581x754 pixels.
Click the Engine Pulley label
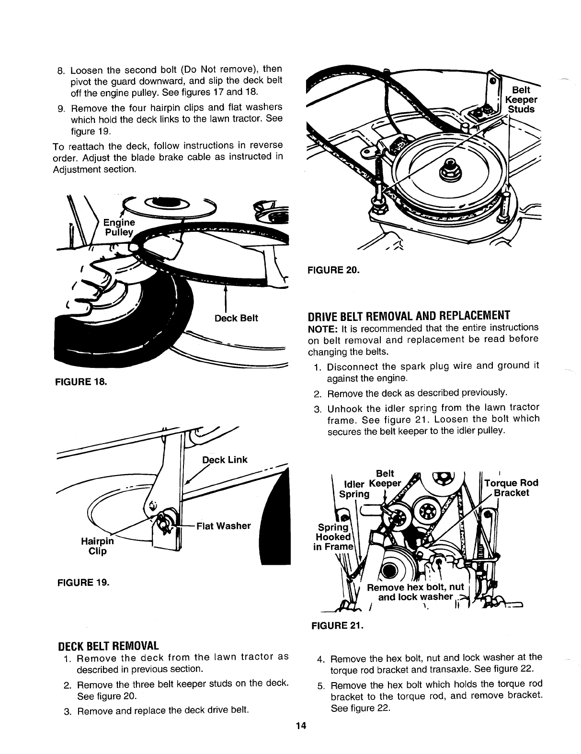(120, 227)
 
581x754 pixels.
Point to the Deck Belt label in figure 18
(236, 319)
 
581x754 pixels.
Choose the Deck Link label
(225, 460)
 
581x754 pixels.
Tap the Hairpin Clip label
(97, 547)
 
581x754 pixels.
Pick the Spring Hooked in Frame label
(333, 537)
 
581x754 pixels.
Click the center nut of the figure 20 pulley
(450, 167)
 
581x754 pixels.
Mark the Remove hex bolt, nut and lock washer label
(416, 592)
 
